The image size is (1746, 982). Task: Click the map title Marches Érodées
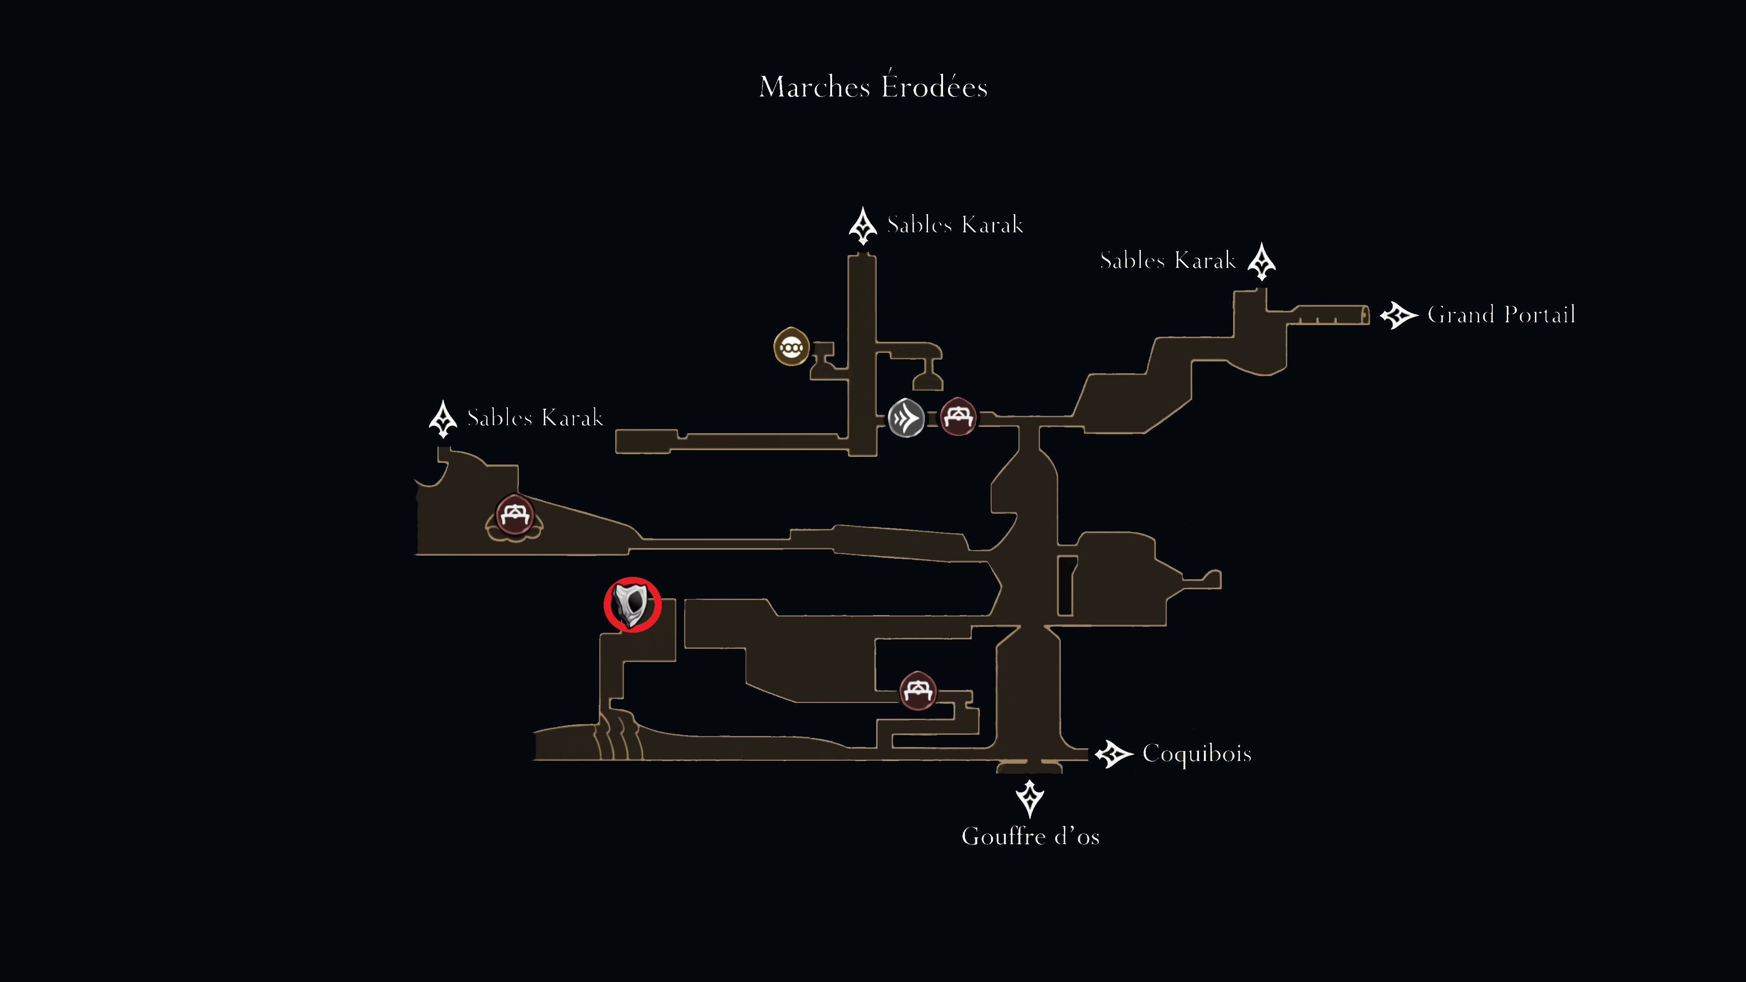tap(873, 85)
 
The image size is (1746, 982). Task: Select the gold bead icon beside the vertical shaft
tap(791, 346)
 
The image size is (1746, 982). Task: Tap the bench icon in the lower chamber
tap(918, 690)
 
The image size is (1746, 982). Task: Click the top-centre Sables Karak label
tap(954, 224)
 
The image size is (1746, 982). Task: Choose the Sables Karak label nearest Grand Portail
tap(1167, 260)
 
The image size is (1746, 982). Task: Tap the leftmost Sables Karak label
tap(535, 417)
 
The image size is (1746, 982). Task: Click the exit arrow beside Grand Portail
tap(1399, 315)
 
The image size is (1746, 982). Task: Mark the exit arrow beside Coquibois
tap(1114, 754)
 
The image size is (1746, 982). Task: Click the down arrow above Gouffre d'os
tap(1029, 798)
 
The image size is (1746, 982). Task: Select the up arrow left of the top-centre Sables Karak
tap(863, 225)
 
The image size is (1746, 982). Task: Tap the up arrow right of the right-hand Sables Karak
tap(1261, 261)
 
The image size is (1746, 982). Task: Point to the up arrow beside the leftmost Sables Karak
tap(443, 419)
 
